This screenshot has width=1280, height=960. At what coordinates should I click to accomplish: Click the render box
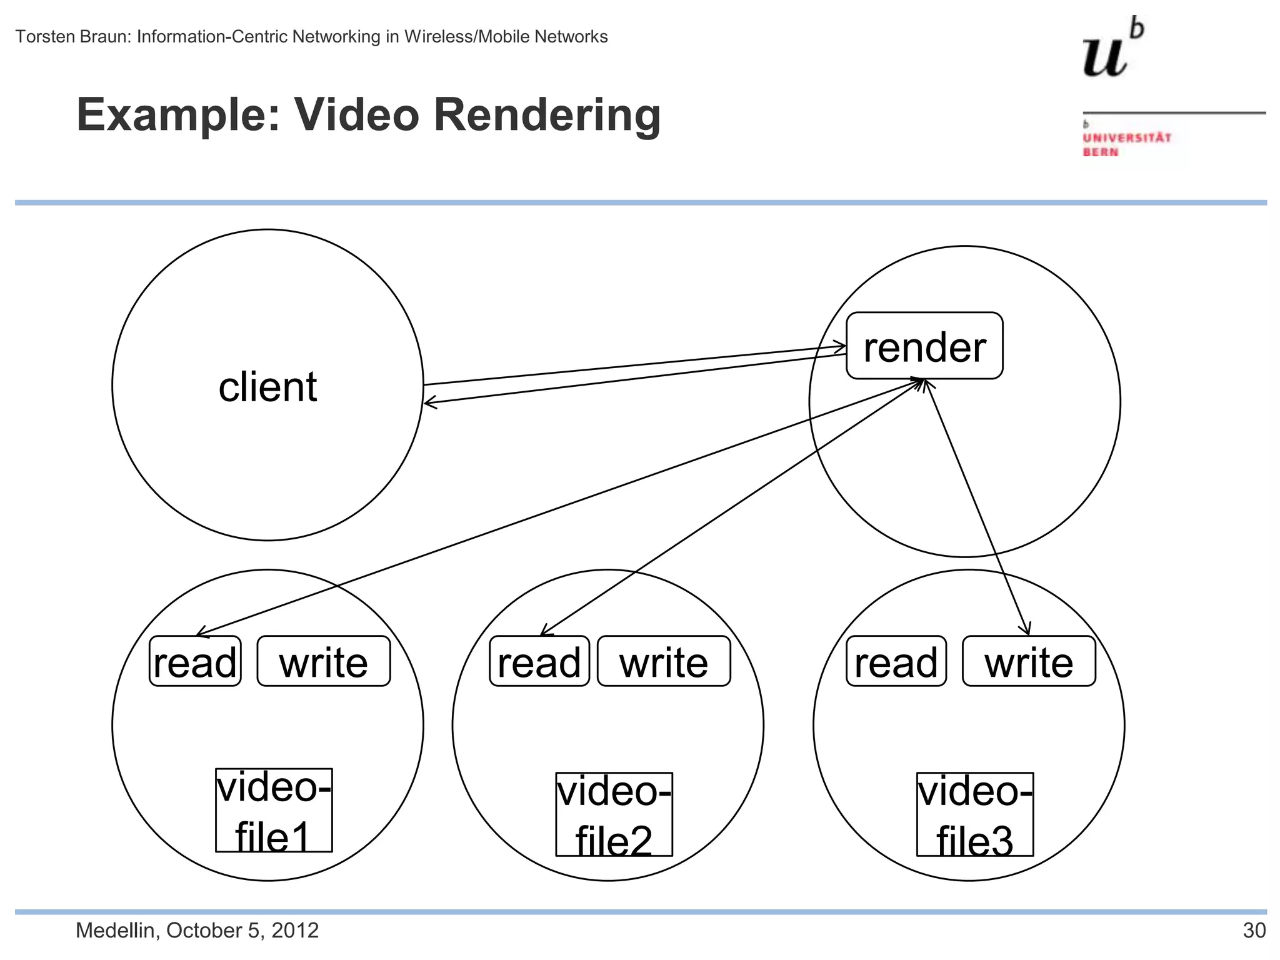[x=924, y=346]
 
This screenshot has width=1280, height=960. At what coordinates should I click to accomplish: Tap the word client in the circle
[x=267, y=387]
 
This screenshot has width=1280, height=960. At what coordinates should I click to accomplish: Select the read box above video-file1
[x=195, y=662]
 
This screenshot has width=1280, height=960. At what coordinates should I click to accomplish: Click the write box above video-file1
[x=323, y=662]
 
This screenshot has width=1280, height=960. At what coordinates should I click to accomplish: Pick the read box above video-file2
[x=539, y=662]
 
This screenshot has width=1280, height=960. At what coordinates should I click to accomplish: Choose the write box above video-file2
[x=663, y=662]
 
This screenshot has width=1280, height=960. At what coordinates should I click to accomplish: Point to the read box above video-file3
[x=896, y=662]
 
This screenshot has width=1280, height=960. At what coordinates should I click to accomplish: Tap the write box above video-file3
[x=1028, y=662]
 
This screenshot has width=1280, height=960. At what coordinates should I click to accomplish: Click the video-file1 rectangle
[x=274, y=810]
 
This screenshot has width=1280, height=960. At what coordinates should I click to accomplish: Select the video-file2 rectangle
[x=614, y=814]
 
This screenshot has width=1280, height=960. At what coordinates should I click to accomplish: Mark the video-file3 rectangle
[x=974, y=814]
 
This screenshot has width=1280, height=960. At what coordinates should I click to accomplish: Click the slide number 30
[x=1254, y=931]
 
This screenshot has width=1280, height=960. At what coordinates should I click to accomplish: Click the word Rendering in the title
[x=546, y=115]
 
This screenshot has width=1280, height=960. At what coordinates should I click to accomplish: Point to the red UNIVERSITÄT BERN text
[x=1126, y=144]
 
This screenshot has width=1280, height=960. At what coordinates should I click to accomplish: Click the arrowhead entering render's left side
[x=841, y=347]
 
